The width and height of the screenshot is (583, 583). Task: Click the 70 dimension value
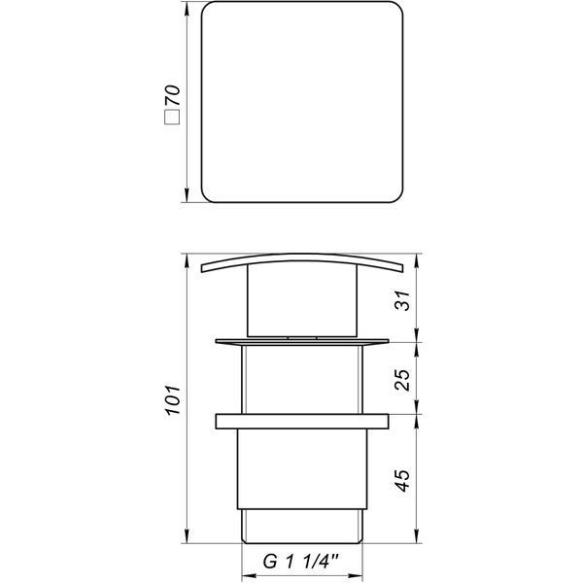coord(173,95)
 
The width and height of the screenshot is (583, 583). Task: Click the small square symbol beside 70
coord(173,117)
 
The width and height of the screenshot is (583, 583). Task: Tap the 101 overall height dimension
coord(173,400)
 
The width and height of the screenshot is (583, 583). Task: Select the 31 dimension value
coord(402,300)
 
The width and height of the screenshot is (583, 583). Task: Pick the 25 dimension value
coord(402,380)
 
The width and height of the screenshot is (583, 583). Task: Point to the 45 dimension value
coord(402,480)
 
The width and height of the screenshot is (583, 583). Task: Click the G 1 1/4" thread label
coord(301,561)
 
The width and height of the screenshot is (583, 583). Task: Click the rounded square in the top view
coord(302,2)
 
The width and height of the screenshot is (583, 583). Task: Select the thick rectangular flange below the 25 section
coord(302,422)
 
